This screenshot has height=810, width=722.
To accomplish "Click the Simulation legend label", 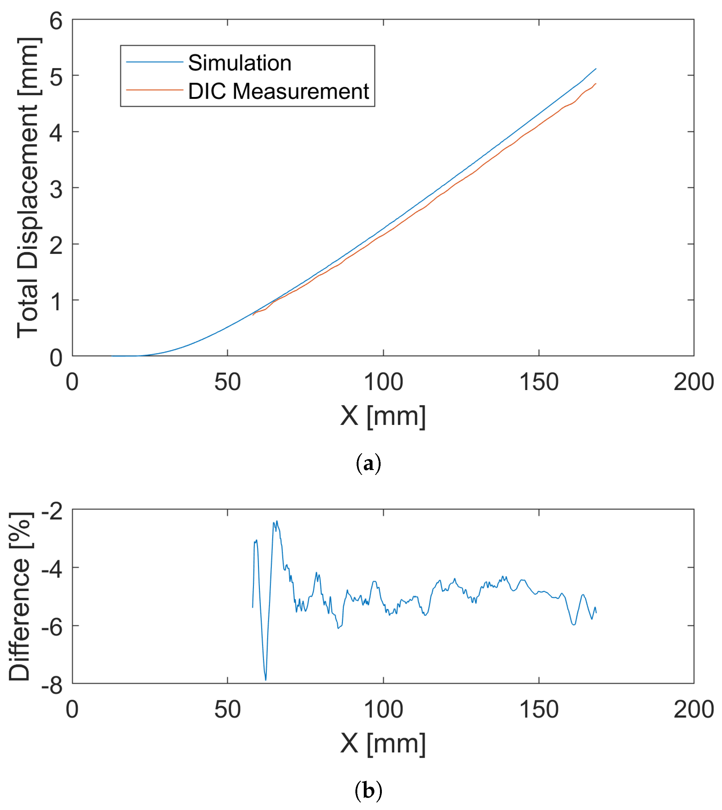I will click(240, 63).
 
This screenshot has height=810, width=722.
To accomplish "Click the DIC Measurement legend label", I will click(279, 91).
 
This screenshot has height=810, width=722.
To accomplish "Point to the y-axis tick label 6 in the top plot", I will click(56, 21).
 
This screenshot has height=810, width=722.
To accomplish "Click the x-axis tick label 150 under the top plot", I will click(539, 382).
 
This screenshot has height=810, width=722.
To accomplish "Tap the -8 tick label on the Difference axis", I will click(52, 685).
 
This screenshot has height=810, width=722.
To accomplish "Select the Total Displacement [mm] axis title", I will click(28, 188).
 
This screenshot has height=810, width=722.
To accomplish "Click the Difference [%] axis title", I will click(20, 596).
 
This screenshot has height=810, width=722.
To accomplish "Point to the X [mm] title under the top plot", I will click(383, 416).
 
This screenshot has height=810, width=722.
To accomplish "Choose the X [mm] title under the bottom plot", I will click(383, 743).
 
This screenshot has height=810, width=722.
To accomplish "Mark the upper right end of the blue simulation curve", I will click(595, 69).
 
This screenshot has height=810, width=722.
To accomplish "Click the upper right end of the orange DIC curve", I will click(595, 84).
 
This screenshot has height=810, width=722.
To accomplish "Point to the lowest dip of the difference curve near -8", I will click(266, 680).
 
